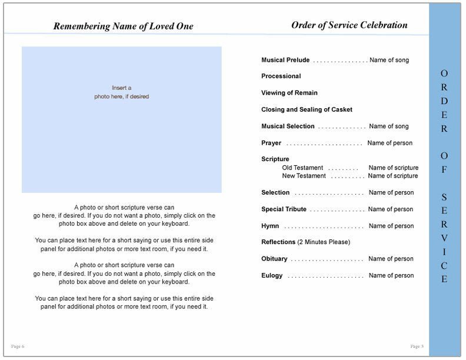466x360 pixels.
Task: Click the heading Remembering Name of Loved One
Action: coord(123,26)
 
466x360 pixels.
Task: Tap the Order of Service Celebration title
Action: coord(349,25)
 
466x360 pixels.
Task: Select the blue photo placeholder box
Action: coord(122,120)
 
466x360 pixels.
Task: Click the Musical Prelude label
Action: coord(285,60)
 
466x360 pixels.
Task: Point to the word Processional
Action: coord(281,76)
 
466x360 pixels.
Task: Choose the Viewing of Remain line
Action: coord(289,93)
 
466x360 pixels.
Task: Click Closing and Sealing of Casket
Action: coord(307,109)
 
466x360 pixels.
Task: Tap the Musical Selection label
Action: coord(288,126)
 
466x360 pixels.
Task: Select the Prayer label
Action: coord(271,143)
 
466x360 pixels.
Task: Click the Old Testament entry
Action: coord(304,168)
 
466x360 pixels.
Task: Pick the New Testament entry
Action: coord(304,176)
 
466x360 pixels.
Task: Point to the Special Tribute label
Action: coord(284,209)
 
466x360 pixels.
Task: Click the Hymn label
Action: coord(270,226)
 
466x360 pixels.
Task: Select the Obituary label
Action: coord(274,259)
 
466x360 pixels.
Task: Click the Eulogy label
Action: coord(272,275)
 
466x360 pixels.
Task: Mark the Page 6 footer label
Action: coord(18,345)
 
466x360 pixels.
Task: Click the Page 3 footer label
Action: coord(416,345)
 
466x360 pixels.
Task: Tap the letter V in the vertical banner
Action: coord(444,238)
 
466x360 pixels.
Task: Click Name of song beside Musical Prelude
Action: coord(389,60)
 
